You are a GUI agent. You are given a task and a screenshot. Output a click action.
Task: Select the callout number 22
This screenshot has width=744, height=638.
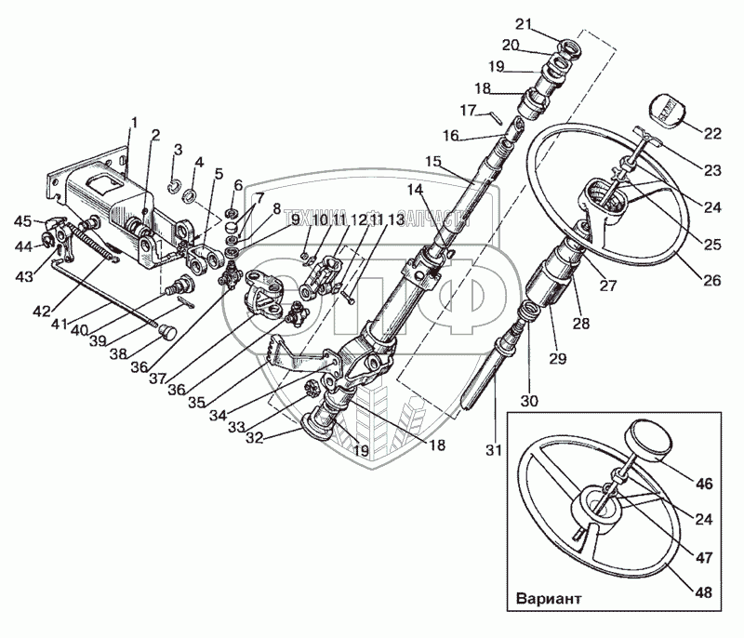pyautogui.click(x=711, y=134)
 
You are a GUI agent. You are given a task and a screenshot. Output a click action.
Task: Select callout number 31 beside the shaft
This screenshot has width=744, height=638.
pyautogui.click(x=494, y=451)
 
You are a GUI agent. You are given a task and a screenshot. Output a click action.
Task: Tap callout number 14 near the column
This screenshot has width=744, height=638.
pyautogui.click(x=413, y=190)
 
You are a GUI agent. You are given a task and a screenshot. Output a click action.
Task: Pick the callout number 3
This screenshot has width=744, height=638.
pyautogui.click(x=177, y=150)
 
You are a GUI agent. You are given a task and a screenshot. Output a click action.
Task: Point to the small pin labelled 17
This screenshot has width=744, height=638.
pyautogui.click(x=498, y=118)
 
